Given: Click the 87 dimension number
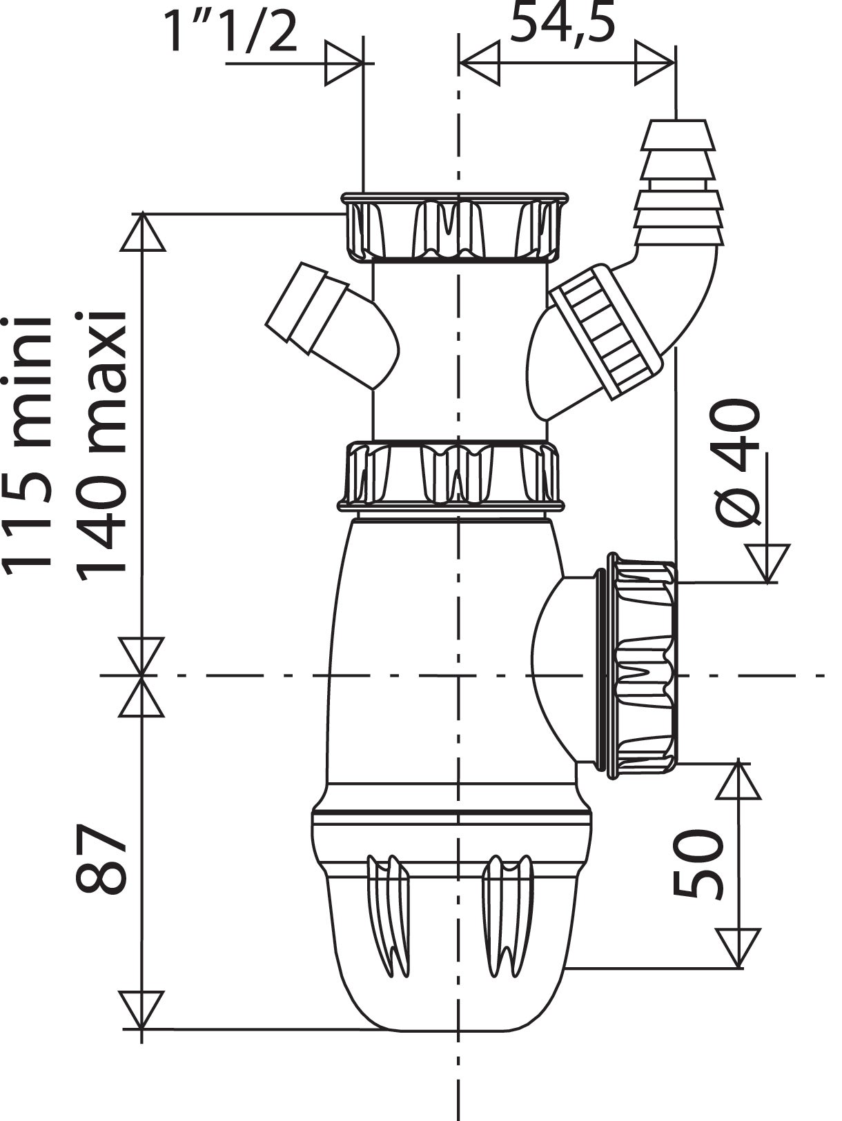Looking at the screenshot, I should [x=101, y=859].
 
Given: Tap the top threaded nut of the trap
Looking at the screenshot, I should [x=456, y=228].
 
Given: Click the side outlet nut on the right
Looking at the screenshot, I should [x=642, y=666].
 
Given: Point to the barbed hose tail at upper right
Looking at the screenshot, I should [x=678, y=183].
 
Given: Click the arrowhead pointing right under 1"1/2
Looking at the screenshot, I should [x=344, y=63].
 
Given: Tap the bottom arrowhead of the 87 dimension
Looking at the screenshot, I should [x=141, y=1010].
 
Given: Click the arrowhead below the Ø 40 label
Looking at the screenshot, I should [x=767, y=562].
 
